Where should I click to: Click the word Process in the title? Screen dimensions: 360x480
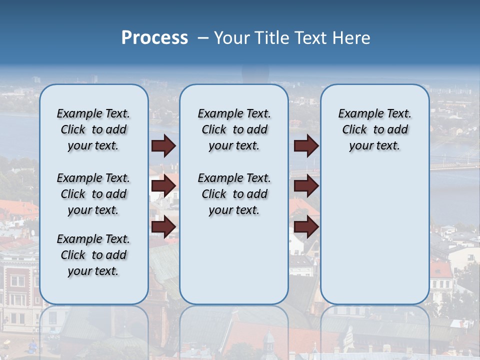point(154,38)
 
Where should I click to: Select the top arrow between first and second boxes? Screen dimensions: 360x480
point(163,146)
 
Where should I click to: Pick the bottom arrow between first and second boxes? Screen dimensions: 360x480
point(163,226)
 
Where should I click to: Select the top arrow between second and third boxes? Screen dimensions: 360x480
point(306,146)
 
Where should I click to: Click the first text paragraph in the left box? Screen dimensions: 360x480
point(93,129)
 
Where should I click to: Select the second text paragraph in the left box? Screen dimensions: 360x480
point(93,194)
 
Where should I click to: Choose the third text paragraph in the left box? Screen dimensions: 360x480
point(93,255)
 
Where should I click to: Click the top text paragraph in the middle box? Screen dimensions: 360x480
point(234,129)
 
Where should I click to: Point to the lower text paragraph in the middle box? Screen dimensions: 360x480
point(234,194)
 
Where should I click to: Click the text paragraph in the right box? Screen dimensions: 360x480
point(375,129)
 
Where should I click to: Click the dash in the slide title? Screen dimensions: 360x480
point(203,38)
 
